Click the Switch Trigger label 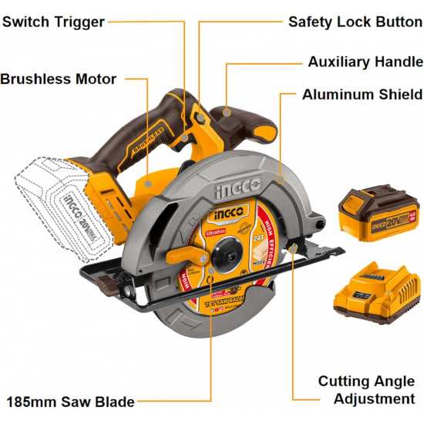pyautogui.click(x=53, y=22)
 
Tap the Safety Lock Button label pyautogui.click(x=355, y=22)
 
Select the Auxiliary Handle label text pyautogui.click(x=365, y=62)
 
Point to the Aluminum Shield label pyautogui.click(x=362, y=95)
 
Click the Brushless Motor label pyautogui.click(x=59, y=79)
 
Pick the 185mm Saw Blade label pyautogui.click(x=70, y=402)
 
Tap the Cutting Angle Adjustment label pyautogui.click(x=366, y=390)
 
